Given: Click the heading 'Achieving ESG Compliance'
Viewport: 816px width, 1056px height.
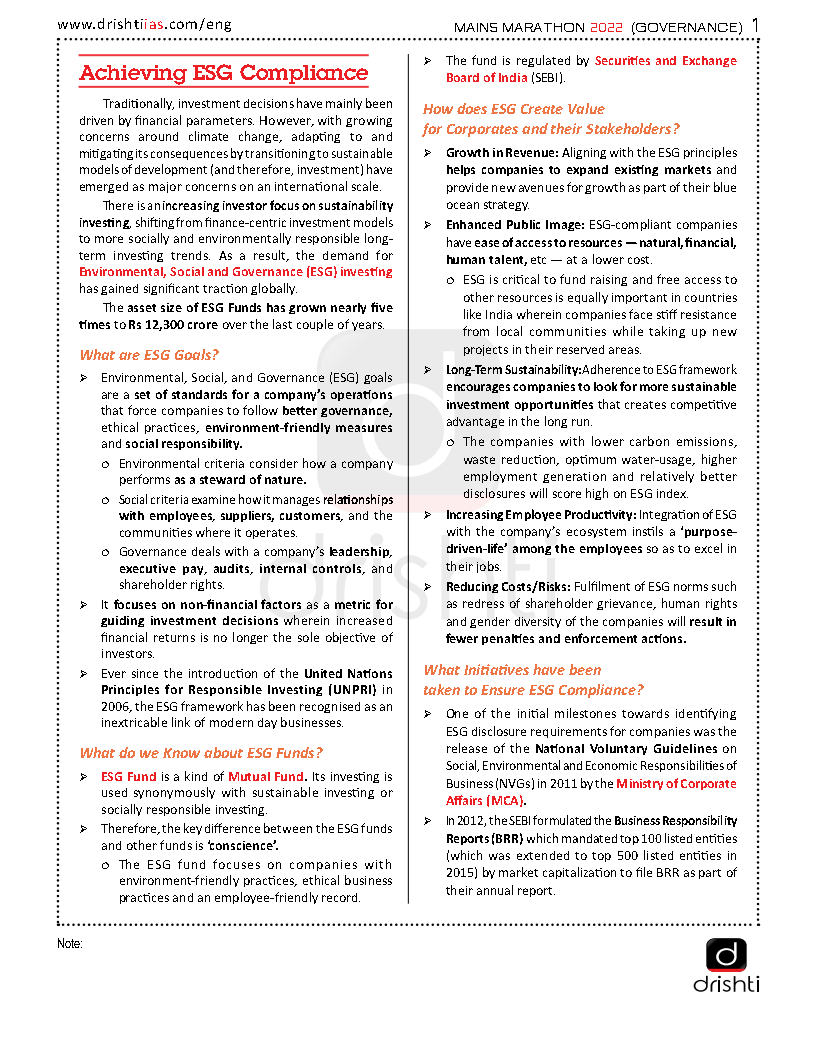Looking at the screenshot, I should (x=224, y=73).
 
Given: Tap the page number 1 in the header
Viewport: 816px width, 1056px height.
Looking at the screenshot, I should (x=755, y=23).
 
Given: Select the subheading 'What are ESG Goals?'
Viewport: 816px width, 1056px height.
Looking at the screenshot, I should (x=149, y=354).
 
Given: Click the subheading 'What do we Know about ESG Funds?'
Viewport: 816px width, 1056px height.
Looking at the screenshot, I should (x=201, y=752).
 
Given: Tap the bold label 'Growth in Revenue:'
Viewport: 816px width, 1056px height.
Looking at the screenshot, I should (x=502, y=153).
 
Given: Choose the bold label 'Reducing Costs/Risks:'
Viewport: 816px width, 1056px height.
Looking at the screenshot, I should (x=508, y=586).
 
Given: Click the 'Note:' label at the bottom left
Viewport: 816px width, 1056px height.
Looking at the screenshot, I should (x=70, y=943).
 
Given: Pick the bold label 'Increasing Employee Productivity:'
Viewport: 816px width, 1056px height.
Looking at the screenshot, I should (x=541, y=514).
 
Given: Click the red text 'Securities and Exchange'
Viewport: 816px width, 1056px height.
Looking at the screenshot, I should (x=665, y=61).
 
